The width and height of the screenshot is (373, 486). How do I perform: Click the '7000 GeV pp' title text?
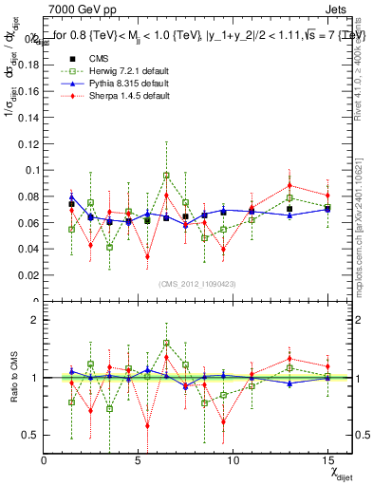tap(75, 9)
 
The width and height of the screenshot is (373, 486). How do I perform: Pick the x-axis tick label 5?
tap(139, 460)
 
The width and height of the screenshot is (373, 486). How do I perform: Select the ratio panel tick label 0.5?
tap(28, 435)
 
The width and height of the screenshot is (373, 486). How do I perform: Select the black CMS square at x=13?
tap(289, 209)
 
